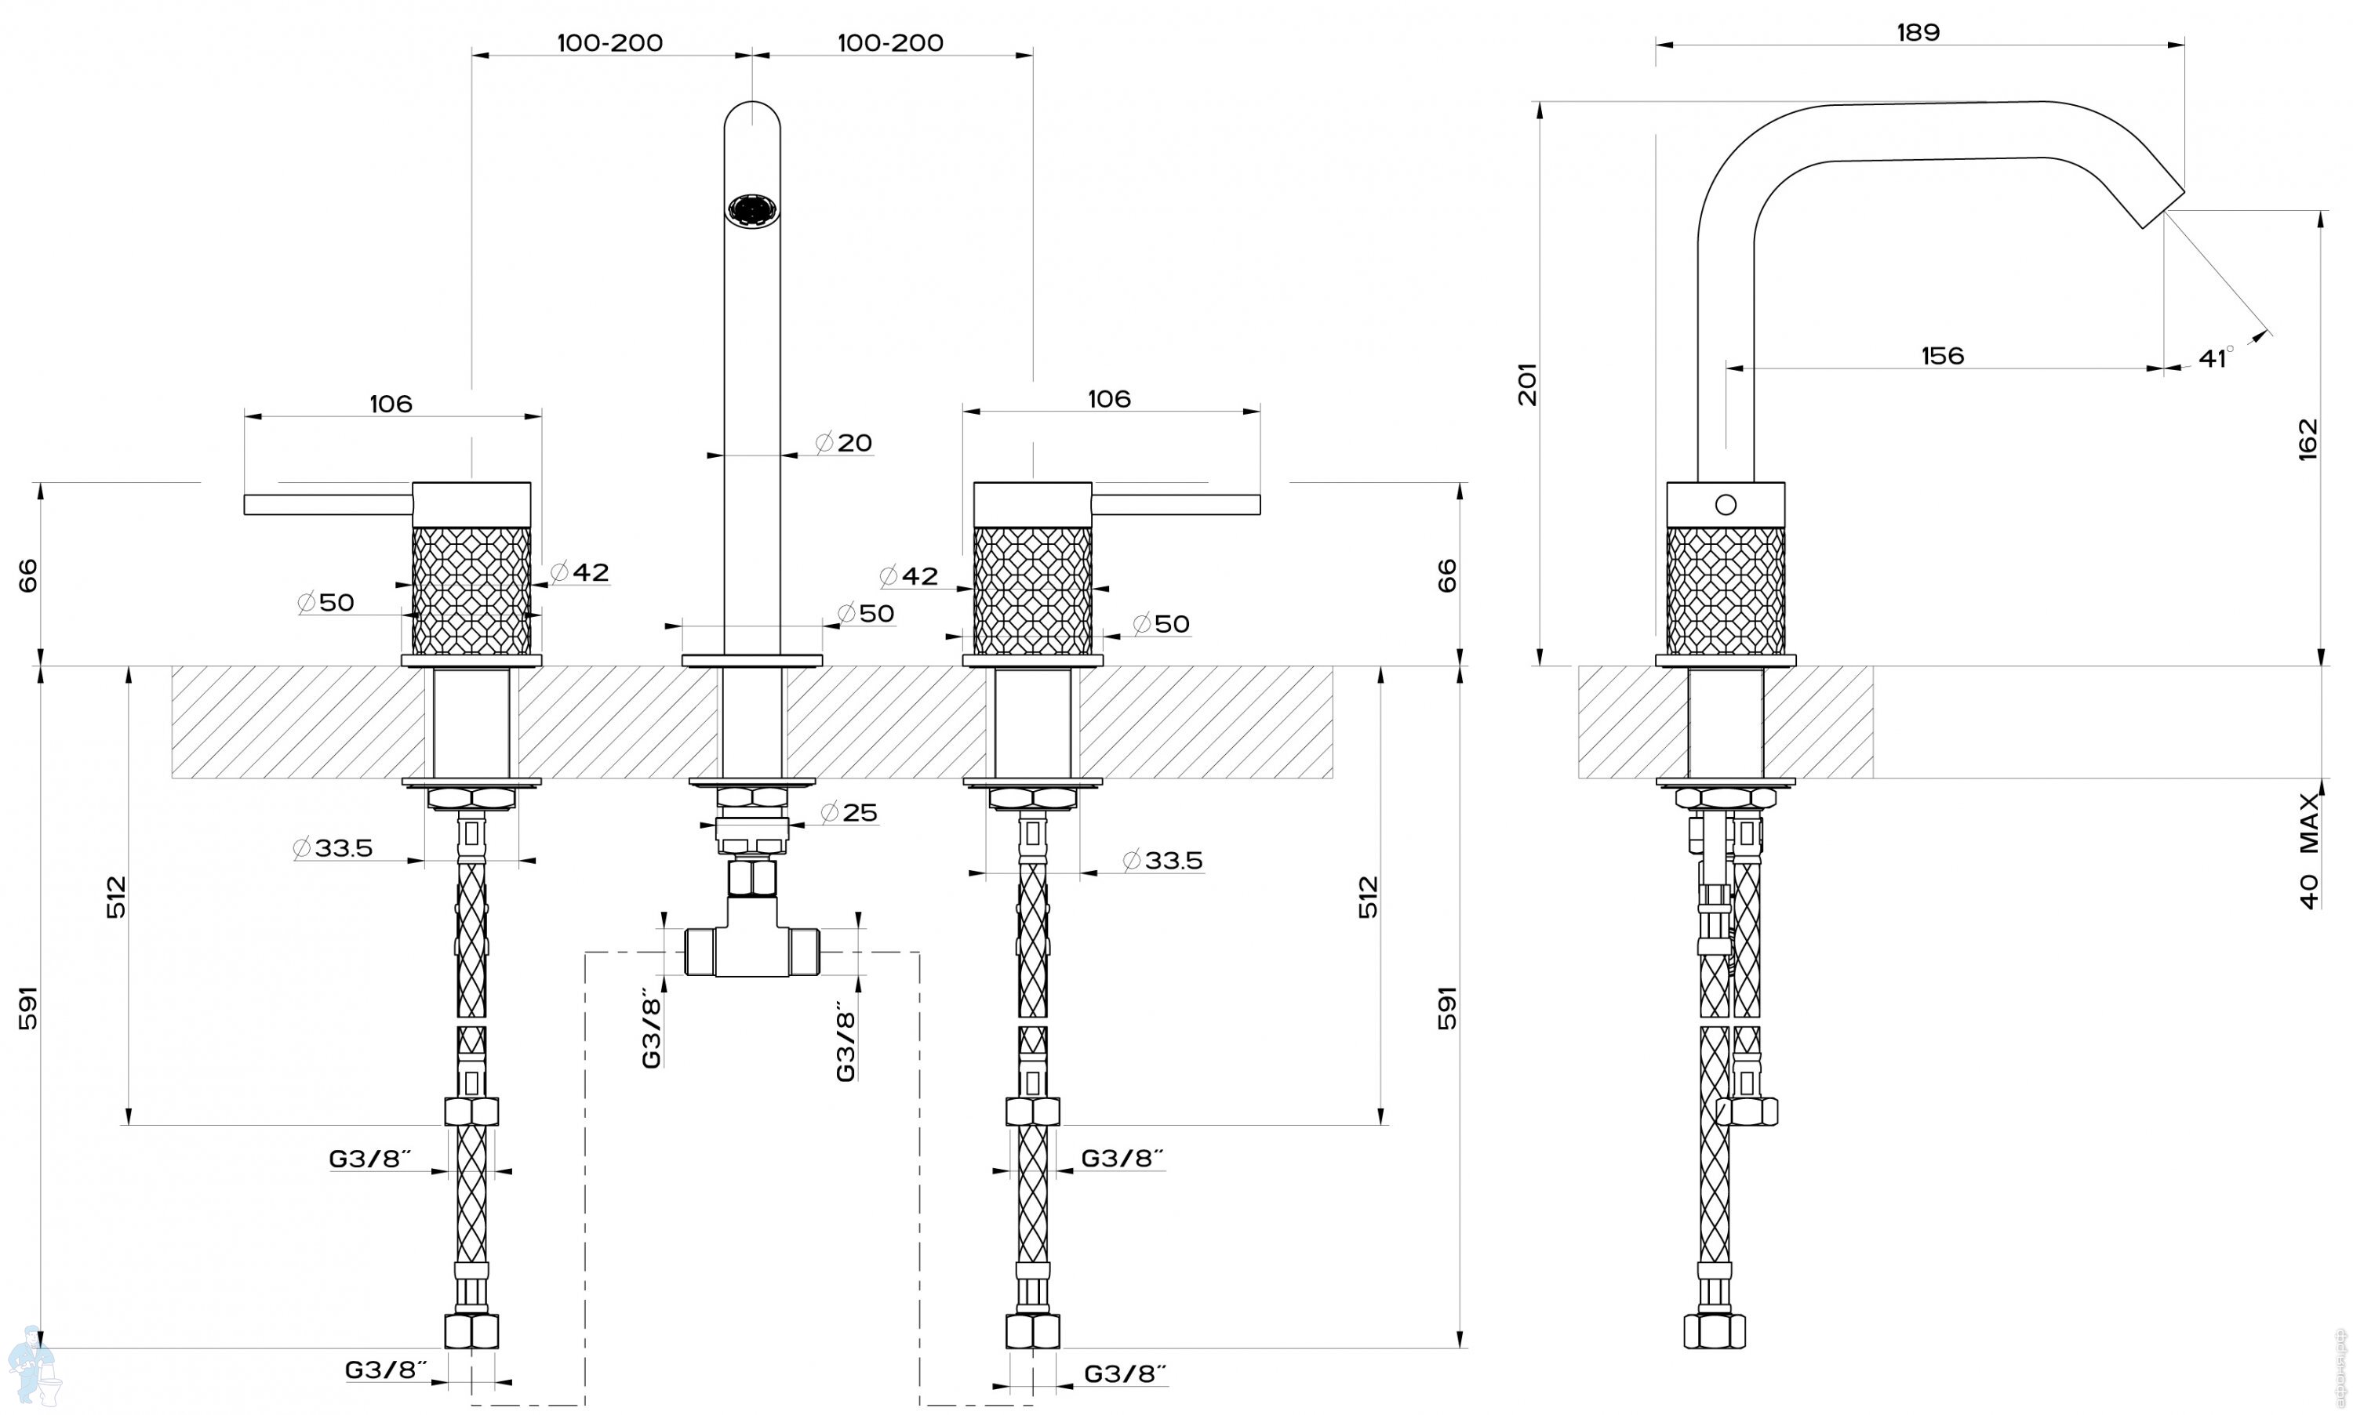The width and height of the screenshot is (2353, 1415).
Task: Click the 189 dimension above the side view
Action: point(1917,32)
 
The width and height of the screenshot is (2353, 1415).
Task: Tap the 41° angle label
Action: point(2216,357)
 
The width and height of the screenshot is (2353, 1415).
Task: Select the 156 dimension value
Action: point(1943,356)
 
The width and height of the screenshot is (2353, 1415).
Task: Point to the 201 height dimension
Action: point(1528,383)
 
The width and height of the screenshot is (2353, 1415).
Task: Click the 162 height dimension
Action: point(2308,439)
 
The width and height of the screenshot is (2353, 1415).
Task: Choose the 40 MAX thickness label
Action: point(2308,851)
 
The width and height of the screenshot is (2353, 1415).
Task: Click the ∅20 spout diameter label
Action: point(844,442)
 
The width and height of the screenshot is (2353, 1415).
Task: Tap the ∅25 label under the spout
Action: point(849,812)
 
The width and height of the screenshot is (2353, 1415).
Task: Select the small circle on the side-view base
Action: point(1726,504)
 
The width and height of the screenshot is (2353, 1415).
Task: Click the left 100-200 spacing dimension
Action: point(610,43)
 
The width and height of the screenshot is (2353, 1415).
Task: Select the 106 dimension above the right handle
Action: point(1109,398)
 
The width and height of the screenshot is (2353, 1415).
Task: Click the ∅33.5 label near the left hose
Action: point(333,847)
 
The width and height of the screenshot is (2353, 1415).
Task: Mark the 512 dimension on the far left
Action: point(115,898)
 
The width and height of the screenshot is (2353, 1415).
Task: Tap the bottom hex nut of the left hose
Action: point(472,1331)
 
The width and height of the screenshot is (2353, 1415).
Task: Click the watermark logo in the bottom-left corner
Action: point(31,1366)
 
